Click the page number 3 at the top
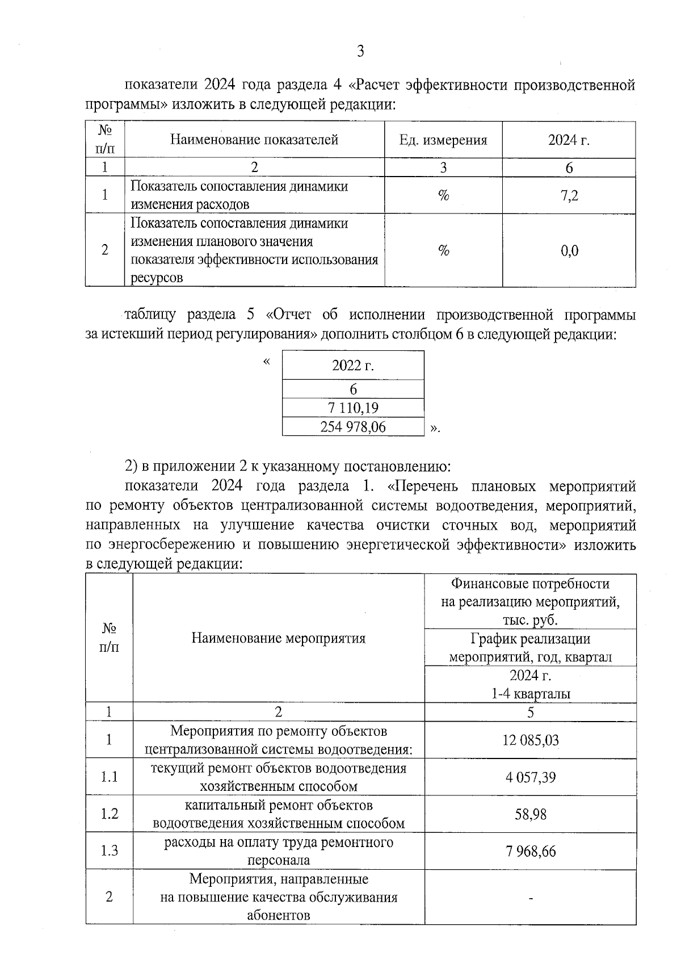[360, 52]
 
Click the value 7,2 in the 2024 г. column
[569, 196]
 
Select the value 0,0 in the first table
[569, 250]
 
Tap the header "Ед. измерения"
[443, 140]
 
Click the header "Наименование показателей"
[254, 140]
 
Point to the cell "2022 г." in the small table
[353, 365]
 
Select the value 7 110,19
[353, 408]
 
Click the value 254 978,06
[353, 427]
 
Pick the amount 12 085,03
[530, 740]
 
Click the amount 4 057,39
[530, 777]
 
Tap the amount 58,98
[530, 814]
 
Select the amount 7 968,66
[530, 851]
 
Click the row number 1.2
[109, 814]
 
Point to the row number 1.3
[109, 851]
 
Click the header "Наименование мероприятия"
[278, 638]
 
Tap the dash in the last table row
[530, 898]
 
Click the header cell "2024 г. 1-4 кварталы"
[530, 685]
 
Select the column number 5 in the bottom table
[530, 712]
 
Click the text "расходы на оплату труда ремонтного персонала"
[278, 851]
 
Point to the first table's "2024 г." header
[569, 140]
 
